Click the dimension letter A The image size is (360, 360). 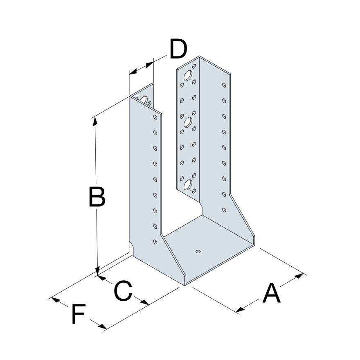pos(272,293)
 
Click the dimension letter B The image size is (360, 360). pos(97,197)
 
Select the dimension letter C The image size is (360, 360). pos(123,290)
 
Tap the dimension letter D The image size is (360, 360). pos(178,49)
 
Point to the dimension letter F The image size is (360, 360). pos(79,314)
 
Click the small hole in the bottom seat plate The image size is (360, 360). pos(198,252)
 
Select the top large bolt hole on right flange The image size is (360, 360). pos(188,76)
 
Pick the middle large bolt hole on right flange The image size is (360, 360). pos(188,122)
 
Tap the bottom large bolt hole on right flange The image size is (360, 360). pos(188,185)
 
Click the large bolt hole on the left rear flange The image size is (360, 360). pos(144,100)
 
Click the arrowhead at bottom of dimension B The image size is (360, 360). pos(98,271)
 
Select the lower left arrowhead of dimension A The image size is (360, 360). pos(241,310)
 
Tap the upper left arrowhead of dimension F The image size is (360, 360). pos(56,300)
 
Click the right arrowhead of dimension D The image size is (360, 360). pos(149,65)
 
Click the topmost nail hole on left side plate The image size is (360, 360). pos(155,117)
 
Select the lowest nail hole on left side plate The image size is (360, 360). pos(155,242)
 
